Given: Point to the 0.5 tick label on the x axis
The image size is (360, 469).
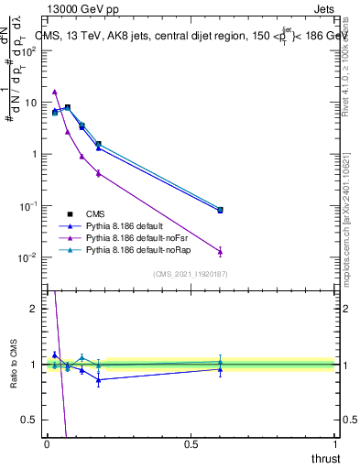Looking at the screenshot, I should (x=191, y=444).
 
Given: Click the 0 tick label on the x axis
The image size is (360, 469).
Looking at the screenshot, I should (x=47, y=444).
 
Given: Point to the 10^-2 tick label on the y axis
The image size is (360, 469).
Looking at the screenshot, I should (x=27, y=257).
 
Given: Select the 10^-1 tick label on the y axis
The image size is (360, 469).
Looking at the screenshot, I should (x=27, y=205).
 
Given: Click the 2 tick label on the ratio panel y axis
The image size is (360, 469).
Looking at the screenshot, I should (x=34, y=309).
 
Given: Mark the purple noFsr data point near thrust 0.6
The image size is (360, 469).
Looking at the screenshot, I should (x=220, y=251).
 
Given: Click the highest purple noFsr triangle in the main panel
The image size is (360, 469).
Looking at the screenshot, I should (x=55, y=92).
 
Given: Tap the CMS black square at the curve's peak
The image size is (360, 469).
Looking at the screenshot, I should (x=67, y=107).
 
